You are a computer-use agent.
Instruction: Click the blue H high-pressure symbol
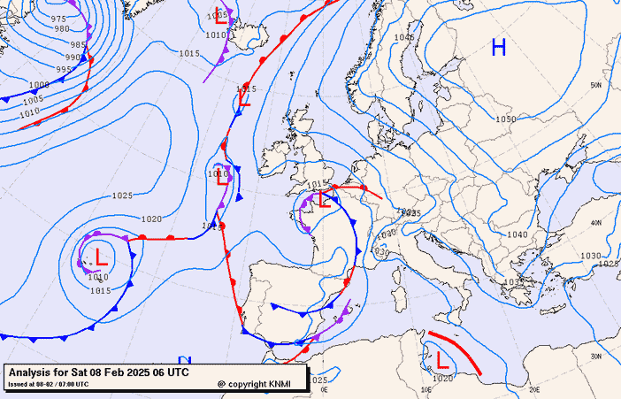coord(499,48)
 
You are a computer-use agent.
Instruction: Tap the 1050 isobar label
coord(506,119)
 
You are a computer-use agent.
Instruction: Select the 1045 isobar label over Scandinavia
coord(404,38)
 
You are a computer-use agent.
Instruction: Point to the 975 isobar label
coord(59,19)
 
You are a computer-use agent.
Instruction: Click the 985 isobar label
coord(78,44)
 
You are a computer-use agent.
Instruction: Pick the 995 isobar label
coord(65,69)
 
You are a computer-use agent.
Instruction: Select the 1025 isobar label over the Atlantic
coord(122,196)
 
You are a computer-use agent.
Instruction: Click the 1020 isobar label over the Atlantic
coord(151,219)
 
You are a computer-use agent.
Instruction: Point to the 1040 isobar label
coord(517,234)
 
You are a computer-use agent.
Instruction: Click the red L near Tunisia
coord(441,358)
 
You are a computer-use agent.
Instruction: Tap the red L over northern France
coord(325,199)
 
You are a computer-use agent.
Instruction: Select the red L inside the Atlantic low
coord(102,258)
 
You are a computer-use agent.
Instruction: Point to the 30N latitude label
coord(595,357)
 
